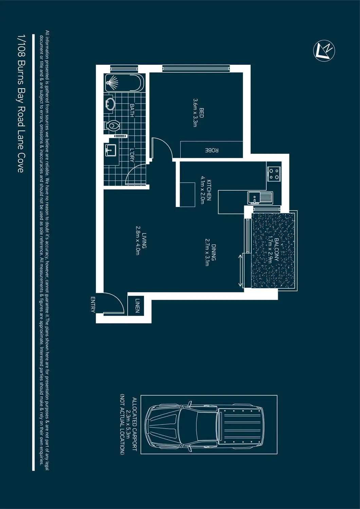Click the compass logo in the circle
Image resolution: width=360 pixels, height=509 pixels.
click(x=324, y=51)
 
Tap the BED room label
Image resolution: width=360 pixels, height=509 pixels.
click(x=201, y=113)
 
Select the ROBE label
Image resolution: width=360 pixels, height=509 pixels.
click(x=212, y=150)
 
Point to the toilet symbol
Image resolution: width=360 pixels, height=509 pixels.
click(x=112, y=125)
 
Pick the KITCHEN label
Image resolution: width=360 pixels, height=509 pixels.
click(x=209, y=190)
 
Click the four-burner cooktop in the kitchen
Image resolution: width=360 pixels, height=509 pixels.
click(x=274, y=174)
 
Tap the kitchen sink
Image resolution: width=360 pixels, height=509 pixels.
click(x=260, y=197)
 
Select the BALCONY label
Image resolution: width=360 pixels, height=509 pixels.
click(x=276, y=249)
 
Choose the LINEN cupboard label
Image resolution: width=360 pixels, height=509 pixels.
click(x=137, y=305)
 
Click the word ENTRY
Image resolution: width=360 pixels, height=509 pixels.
click(x=93, y=304)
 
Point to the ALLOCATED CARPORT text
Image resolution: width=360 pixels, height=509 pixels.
click(x=134, y=424)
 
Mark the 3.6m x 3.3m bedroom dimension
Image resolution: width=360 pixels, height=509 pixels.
click(x=195, y=113)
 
